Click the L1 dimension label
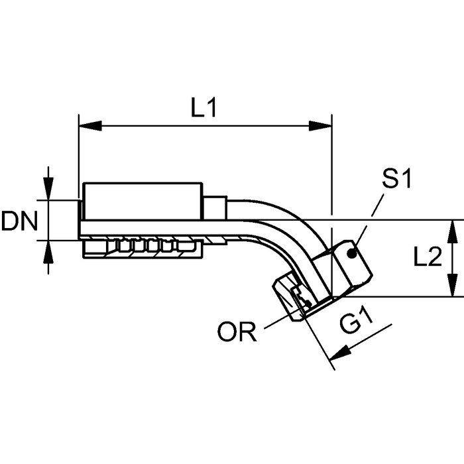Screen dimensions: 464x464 [203, 108]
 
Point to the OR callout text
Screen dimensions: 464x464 [237, 331]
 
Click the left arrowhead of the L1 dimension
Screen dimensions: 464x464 [87, 125]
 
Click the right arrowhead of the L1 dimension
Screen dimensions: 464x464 [323, 125]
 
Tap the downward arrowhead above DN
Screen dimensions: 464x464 [48, 192]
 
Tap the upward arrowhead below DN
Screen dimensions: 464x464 [48, 247]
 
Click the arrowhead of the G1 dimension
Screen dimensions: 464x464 [337, 358]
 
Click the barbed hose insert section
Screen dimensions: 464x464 [143, 247]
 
